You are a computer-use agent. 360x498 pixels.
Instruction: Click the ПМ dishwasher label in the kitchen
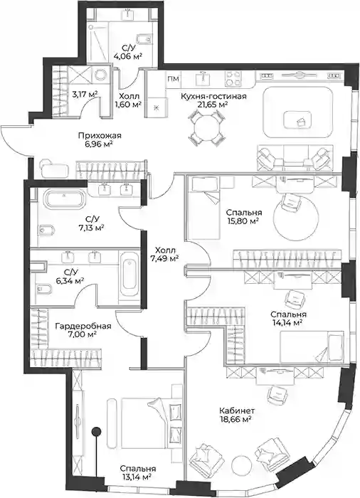pos(173,79)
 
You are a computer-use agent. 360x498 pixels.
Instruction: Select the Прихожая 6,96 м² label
pos(100,139)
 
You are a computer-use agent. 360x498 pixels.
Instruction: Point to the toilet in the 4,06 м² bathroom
pos(144,38)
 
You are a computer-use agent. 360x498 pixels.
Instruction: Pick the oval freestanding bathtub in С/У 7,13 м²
pos(65,199)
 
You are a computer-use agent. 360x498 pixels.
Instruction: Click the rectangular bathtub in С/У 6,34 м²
pos(128,275)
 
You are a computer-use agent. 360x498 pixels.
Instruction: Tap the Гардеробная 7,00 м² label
pos(83,330)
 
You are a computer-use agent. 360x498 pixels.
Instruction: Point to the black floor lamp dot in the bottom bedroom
pos(96,431)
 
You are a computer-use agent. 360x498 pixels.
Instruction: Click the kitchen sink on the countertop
pos(203,78)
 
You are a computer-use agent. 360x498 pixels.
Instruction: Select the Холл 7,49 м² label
pos(164,255)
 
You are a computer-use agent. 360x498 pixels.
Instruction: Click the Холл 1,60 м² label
pos(129,100)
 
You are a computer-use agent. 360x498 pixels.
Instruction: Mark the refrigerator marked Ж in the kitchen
pos(156,108)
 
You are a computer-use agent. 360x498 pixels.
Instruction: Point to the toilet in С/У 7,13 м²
pos(47,229)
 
